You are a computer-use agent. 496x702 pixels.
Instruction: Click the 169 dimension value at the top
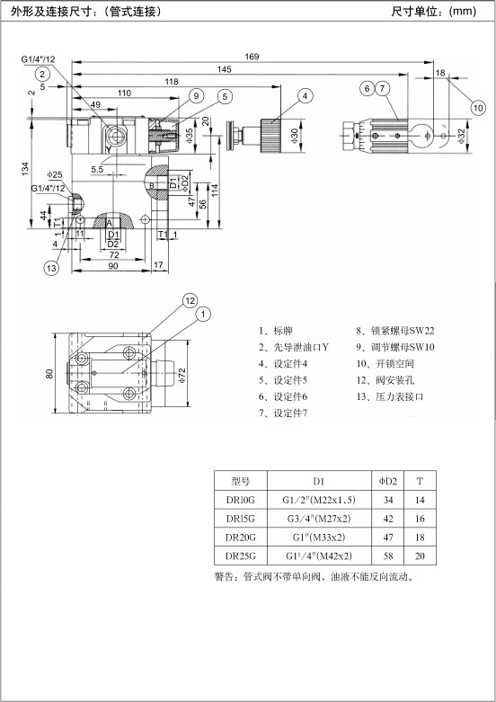(252, 57)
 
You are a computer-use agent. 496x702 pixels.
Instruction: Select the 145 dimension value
(225, 69)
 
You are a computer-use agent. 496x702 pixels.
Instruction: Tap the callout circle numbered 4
(305, 96)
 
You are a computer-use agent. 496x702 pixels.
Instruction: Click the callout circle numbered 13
(51, 268)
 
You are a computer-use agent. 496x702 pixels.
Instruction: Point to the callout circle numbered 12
(190, 301)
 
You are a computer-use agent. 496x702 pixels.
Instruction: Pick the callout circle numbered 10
(478, 108)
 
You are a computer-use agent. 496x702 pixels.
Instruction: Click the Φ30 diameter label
(295, 136)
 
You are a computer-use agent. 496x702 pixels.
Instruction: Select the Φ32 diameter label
(462, 136)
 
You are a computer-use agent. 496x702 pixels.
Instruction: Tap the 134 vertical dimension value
(25, 169)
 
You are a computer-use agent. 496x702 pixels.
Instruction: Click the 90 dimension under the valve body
(113, 266)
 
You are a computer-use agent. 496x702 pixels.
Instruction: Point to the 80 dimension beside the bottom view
(49, 373)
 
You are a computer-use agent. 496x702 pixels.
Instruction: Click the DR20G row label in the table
(241, 538)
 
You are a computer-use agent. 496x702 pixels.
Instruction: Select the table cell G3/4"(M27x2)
(319, 519)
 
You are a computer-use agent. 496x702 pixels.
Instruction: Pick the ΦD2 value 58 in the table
(388, 556)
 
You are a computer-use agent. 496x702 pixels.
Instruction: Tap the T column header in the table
(420, 481)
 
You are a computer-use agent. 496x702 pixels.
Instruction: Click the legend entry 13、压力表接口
(390, 396)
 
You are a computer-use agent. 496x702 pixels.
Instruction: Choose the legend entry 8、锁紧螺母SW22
(395, 331)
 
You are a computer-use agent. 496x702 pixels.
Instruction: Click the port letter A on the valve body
(110, 223)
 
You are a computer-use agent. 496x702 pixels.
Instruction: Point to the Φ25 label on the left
(55, 174)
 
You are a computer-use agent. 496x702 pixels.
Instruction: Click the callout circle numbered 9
(196, 95)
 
